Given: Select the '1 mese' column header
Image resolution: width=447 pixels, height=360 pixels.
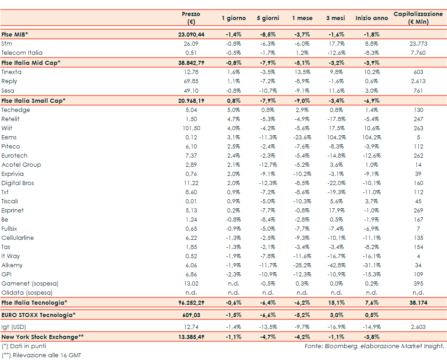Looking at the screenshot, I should [x=303, y=18].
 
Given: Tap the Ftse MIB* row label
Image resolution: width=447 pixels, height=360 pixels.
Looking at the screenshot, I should [x=15, y=34].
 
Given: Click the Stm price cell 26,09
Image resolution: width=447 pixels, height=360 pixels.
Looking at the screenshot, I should [x=191, y=44].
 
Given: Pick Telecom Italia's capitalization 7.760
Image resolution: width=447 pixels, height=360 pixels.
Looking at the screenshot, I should [x=418, y=53].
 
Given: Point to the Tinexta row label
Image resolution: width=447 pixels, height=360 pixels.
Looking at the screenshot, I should [x=11, y=72].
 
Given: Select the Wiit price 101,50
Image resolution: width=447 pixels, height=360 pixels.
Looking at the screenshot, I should [x=191, y=128].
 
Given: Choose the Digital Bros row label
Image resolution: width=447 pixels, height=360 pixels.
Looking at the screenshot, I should [x=18, y=183].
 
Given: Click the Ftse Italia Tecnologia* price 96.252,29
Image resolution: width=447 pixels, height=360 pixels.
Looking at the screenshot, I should [x=191, y=302].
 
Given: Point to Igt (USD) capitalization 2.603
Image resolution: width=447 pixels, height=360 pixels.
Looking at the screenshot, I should [x=418, y=327].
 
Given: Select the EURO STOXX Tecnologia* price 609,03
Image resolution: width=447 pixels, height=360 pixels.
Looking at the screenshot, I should [x=191, y=315].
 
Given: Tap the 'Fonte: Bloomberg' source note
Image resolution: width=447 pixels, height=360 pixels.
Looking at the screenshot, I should [x=374, y=346].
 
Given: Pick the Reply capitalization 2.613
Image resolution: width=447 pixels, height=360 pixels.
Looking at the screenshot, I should [x=418, y=81].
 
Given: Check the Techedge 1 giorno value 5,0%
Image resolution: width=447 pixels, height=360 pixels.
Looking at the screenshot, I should [x=234, y=110].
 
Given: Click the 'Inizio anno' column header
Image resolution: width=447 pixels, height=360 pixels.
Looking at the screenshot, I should [x=372, y=18].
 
